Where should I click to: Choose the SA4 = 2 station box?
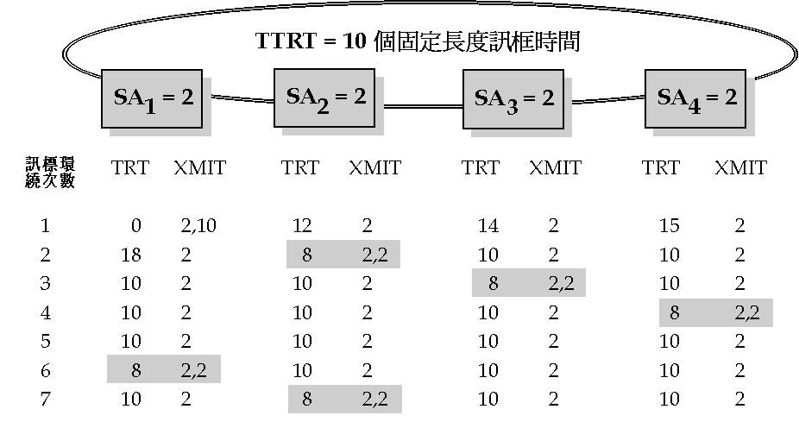point(697,97)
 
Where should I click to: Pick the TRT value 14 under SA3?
point(488,226)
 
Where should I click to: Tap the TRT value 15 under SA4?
point(669,226)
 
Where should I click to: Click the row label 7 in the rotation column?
point(45,400)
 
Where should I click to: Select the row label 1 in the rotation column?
point(45,226)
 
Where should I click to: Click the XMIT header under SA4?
point(740,167)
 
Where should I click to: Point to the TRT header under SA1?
point(129,167)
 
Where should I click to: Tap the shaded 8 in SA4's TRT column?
point(674,312)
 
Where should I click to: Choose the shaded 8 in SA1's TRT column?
point(135,370)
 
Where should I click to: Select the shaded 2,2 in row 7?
point(374,400)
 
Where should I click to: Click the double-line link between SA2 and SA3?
point(423,106)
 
